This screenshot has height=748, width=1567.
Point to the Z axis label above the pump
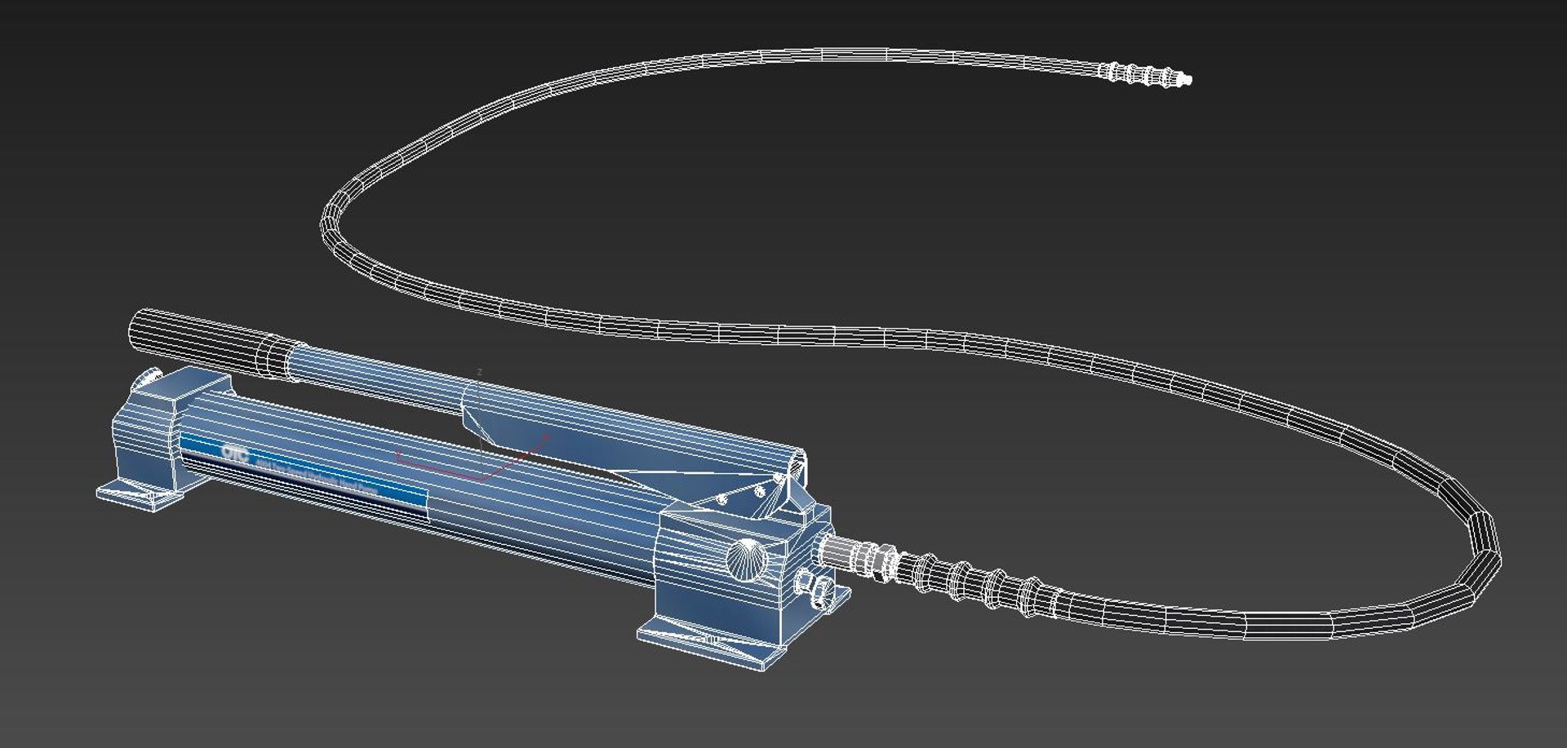[x=479, y=372]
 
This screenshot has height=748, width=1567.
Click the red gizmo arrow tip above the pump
[x=545, y=438]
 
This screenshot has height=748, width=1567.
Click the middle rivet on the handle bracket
[x=759, y=491]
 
